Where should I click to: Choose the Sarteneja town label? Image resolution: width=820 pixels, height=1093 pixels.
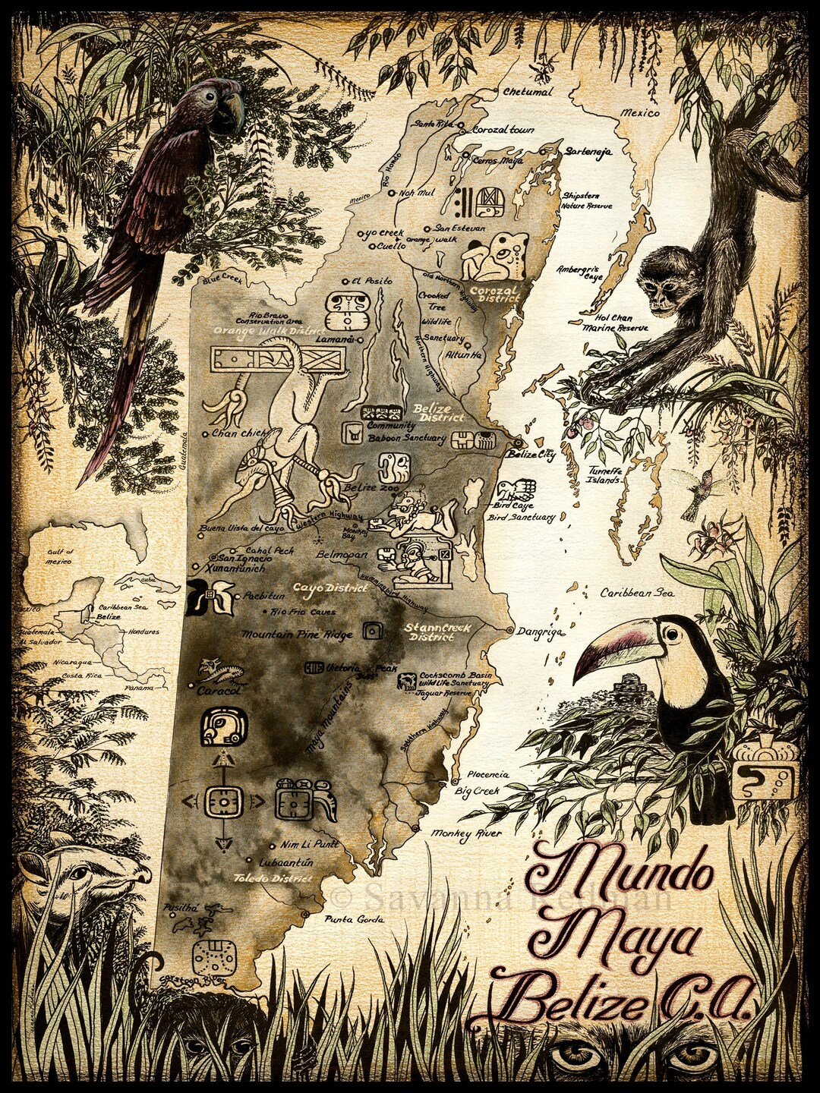coord(588,151)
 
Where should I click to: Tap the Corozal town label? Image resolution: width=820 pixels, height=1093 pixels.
coord(503,130)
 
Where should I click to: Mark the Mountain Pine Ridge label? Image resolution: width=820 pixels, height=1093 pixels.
coord(298,634)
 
